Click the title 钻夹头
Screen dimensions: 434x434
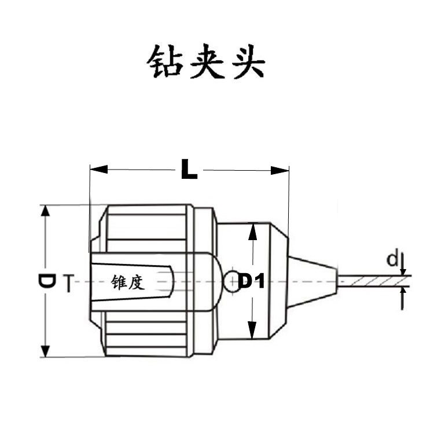click(x=205, y=62)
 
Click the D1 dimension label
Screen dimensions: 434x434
click(x=251, y=282)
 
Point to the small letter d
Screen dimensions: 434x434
click(x=392, y=259)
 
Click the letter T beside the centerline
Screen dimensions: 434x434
click(x=68, y=283)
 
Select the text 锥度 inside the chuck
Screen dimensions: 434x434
click(x=127, y=282)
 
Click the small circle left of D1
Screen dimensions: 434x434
click(x=231, y=281)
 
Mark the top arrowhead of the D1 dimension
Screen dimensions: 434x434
click(x=251, y=232)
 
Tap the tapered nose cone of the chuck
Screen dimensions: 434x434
click(x=312, y=281)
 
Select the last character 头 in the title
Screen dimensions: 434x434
click(x=248, y=62)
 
